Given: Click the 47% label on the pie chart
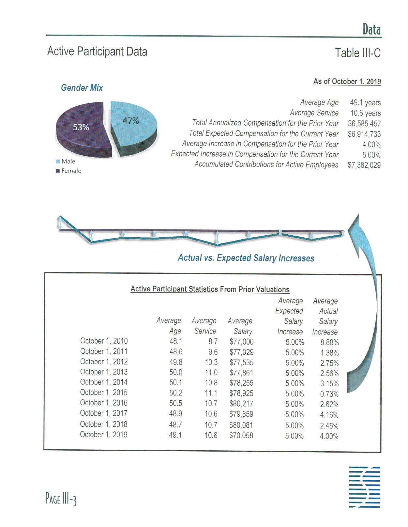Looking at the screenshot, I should click(x=131, y=121).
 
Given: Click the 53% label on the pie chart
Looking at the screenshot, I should click(x=81, y=127).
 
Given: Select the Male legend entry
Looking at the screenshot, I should click(x=68, y=161).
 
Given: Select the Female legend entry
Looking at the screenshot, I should click(x=71, y=171).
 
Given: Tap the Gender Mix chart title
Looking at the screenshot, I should click(x=82, y=88).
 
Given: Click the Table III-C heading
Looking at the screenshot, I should click(x=357, y=53).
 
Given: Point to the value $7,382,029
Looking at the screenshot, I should click(x=364, y=165).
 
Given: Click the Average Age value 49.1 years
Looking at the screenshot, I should click(x=365, y=102).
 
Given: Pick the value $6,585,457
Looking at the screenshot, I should click(x=364, y=123).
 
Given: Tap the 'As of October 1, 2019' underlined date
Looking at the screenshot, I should click(x=347, y=81).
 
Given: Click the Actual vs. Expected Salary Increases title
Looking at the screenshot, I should click(x=246, y=258).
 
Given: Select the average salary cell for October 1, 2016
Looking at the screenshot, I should click(x=241, y=404).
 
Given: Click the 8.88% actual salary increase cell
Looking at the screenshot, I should click(x=329, y=342).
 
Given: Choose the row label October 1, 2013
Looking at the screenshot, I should click(x=104, y=372).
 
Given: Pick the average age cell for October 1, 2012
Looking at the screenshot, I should click(x=176, y=362).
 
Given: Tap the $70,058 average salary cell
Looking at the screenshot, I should click(x=241, y=435).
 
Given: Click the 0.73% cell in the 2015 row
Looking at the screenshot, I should click(x=329, y=394).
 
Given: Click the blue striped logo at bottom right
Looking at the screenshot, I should click(x=364, y=487).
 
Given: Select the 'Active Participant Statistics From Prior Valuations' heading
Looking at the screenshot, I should click(x=210, y=289).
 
